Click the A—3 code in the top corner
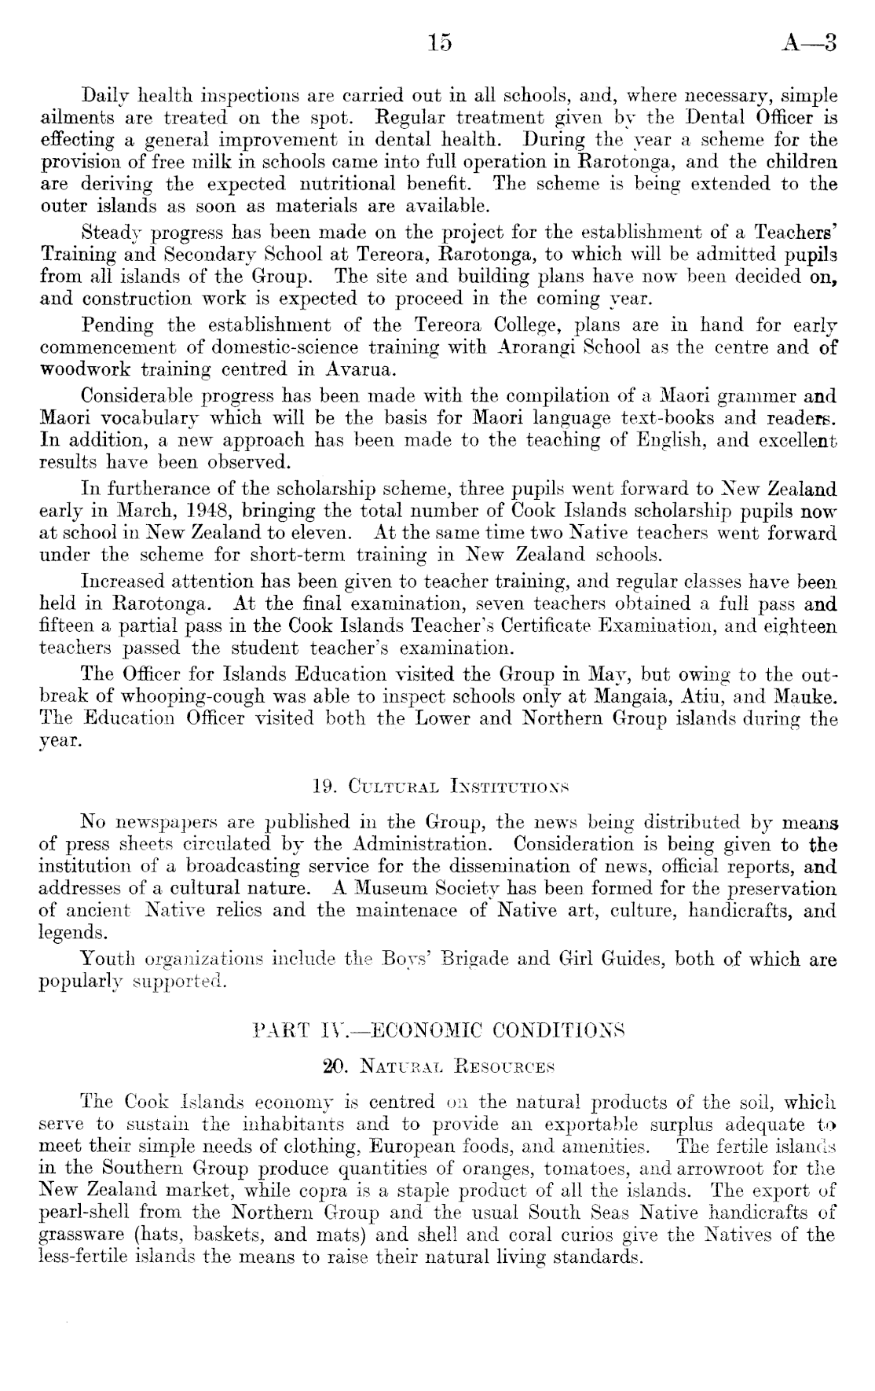tap(810, 43)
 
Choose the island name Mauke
tap(805, 696)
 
